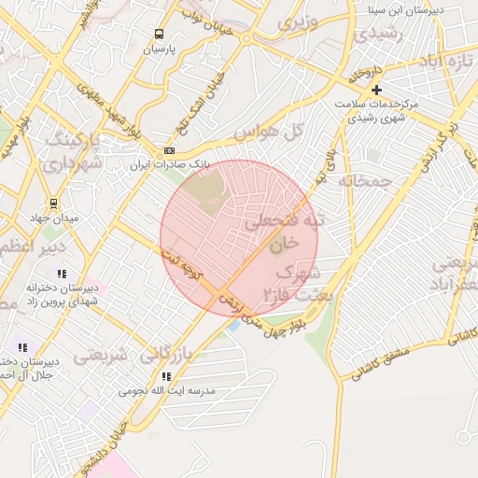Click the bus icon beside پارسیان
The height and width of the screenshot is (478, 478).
point(159,34)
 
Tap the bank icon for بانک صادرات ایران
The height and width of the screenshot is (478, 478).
point(169,150)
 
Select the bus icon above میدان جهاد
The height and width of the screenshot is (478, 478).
point(52,204)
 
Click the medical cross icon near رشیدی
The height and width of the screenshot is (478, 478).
point(376,91)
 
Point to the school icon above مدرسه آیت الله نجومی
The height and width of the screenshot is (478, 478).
point(165,376)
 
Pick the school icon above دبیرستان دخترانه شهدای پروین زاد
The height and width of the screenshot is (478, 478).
point(62,274)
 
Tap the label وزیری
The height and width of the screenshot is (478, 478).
point(303,21)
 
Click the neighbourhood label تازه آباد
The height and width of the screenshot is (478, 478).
point(447,62)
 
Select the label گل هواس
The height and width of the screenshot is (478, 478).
point(257,134)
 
